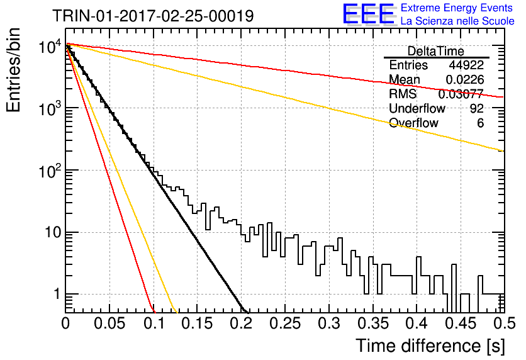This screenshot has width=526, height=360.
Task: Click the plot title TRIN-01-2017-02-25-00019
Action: click(x=153, y=16)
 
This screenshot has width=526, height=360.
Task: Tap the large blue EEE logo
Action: click(x=368, y=14)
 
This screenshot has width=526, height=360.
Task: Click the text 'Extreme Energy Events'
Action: click(x=457, y=8)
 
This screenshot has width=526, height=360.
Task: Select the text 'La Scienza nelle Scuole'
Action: click(x=457, y=21)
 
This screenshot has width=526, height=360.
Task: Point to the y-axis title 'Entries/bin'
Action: click(x=13, y=70)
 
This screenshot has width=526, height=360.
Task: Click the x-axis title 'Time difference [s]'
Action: click(x=430, y=346)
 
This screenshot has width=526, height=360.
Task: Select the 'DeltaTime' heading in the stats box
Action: click(x=435, y=51)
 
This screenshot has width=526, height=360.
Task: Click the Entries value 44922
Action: click(x=466, y=65)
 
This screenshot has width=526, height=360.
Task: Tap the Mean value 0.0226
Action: click(x=464, y=79)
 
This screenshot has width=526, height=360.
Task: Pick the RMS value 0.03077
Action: click(x=461, y=94)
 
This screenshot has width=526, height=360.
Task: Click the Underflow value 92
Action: click(x=477, y=108)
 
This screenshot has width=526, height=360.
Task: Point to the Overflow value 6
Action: click(x=480, y=123)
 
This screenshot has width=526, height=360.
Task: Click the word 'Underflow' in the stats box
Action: click(x=417, y=108)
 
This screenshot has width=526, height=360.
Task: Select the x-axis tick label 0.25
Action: click(x=285, y=323)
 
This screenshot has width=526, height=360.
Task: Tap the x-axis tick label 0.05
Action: click(x=109, y=323)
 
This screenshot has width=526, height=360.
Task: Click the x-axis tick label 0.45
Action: click(x=461, y=323)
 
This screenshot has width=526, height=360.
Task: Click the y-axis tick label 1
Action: click(x=57, y=295)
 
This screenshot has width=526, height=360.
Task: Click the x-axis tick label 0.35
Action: click(x=373, y=323)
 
